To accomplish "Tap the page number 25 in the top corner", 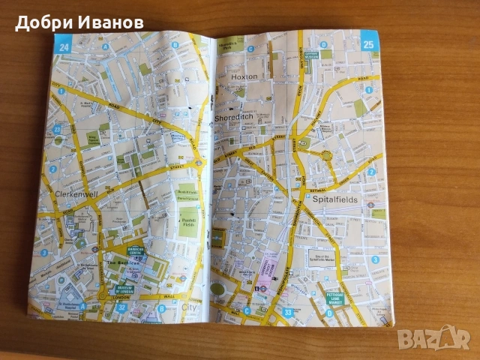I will [369, 43].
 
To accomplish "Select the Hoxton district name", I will [244, 76].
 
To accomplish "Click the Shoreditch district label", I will [236, 117].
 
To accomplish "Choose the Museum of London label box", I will [123, 288].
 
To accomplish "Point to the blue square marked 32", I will [101, 306].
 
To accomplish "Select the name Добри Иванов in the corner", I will [79, 22].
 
